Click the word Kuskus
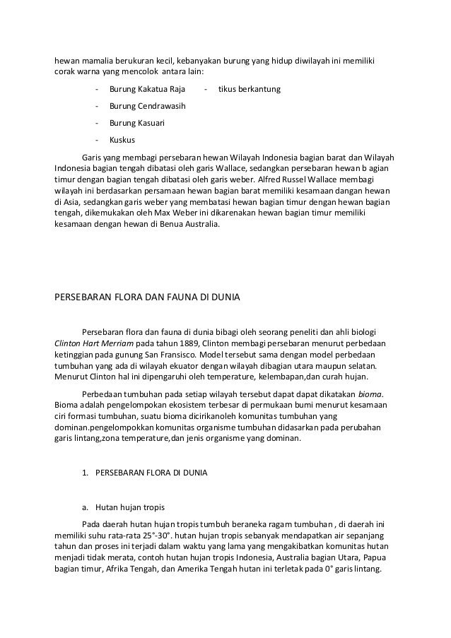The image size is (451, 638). click(122, 139)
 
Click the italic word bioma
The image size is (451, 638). click(373, 393)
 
